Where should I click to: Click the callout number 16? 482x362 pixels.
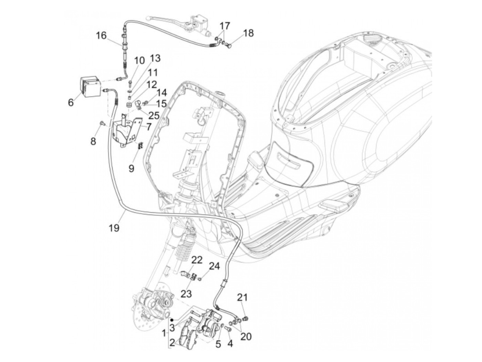pyautogui.click(x=101, y=36)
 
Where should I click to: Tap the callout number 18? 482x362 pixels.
pyautogui.click(x=248, y=33)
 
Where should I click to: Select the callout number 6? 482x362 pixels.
pyautogui.click(x=71, y=102)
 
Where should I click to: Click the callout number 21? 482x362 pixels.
pyautogui.click(x=242, y=297)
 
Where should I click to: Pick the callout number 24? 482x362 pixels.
pyautogui.click(x=214, y=266)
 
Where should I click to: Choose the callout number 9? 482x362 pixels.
pyautogui.click(x=131, y=169)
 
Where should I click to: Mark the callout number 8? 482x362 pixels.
pyautogui.click(x=93, y=141)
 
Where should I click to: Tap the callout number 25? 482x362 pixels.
pyautogui.click(x=154, y=115)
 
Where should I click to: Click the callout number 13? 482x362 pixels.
pyautogui.click(x=155, y=58)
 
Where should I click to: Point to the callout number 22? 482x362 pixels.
pyautogui.click(x=197, y=260)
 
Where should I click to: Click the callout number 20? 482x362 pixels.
pyautogui.click(x=246, y=336)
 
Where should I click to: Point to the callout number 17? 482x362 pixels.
pyautogui.click(x=224, y=26)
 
